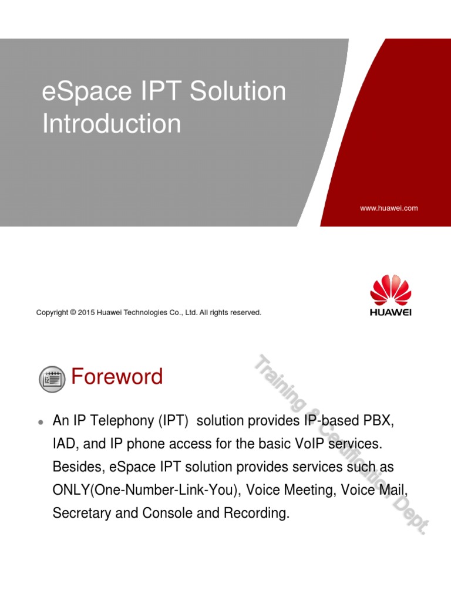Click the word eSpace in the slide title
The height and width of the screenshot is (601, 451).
click(x=87, y=92)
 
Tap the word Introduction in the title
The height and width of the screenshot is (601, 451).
click(x=112, y=123)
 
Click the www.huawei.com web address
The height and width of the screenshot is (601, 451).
click(x=389, y=208)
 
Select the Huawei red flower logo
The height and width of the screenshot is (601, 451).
click(x=391, y=290)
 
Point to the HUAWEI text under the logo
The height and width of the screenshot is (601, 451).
click(x=391, y=312)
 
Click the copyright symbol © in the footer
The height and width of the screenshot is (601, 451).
click(x=73, y=312)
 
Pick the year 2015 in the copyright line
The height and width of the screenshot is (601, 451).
click(x=86, y=312)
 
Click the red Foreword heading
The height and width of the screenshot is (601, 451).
click(x=117, y=376)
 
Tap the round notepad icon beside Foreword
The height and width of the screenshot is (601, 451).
click(x=52, y=379)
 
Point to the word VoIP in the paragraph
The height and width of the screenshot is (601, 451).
click(x=309, y=444)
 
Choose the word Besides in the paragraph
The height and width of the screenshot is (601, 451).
click(x=79, y=467)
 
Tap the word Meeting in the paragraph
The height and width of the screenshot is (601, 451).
click(x=310, y=490)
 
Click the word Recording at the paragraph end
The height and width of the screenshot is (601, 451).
click(x=257, y=513)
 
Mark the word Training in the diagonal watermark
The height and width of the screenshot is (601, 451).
click(x=281, y=381)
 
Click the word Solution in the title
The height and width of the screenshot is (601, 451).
click(x=238, y=91)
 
